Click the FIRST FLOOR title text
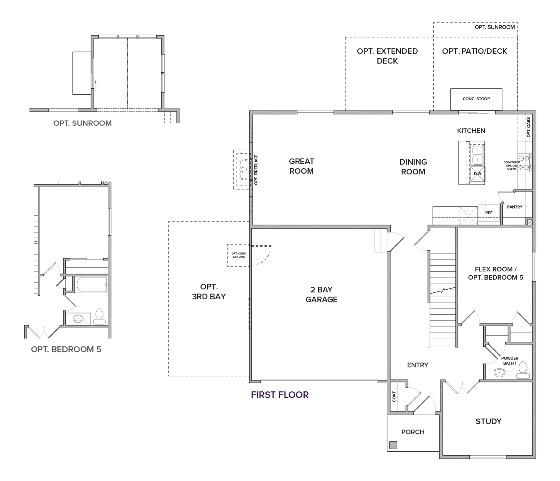[280, 395]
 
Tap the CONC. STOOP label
[476, 99]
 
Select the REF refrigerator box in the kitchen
[489, 214]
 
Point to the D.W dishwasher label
[477, 174]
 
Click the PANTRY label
[514, 207]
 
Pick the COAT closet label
[394, 396]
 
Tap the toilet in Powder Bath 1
[523, 370]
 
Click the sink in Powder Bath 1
[499, 372]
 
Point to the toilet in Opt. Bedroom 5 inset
[100, 316]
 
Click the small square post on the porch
[393, 445]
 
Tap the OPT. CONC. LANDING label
[239, 255]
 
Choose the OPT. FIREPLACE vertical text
[256, 170]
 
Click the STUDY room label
[488, 421]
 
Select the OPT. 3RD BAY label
[209, 292]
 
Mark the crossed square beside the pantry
[530, 222]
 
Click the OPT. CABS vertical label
[529, 127]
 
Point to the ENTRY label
[417, 365]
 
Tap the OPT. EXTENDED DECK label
[387, 56]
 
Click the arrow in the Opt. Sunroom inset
[96, 86]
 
